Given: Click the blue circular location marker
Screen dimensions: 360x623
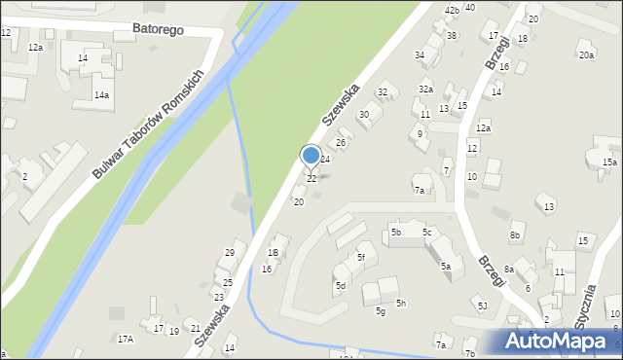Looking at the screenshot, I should [x=311, y=155].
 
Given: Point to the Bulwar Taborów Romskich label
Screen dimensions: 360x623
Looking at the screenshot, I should [x=147, y=124].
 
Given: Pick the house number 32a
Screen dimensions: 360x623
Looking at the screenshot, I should [x=425, y=89].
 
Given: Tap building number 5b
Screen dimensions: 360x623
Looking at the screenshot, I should [x=396, y=232].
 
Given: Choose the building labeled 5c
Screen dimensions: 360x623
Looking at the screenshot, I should [x=426, y=232].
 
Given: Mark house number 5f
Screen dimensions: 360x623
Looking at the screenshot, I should [x=360, y=257].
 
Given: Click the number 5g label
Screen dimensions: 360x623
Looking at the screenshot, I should [x=381, y=310].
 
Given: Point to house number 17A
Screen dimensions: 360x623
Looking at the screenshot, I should [x=125, y=339].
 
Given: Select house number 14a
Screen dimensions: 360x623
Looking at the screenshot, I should [x=101, y=95].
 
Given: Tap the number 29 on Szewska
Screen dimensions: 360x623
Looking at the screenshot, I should [x=230, y=253].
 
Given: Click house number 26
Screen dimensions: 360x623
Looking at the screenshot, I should [x=341, y=143].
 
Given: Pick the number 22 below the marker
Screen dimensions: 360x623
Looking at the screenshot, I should [x=311, y=179].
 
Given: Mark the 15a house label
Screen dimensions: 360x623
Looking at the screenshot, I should [x=609, y=162].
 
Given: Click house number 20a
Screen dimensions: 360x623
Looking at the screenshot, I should [x=586, y=55].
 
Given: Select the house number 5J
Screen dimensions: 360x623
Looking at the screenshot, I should [x=482, y=306].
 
